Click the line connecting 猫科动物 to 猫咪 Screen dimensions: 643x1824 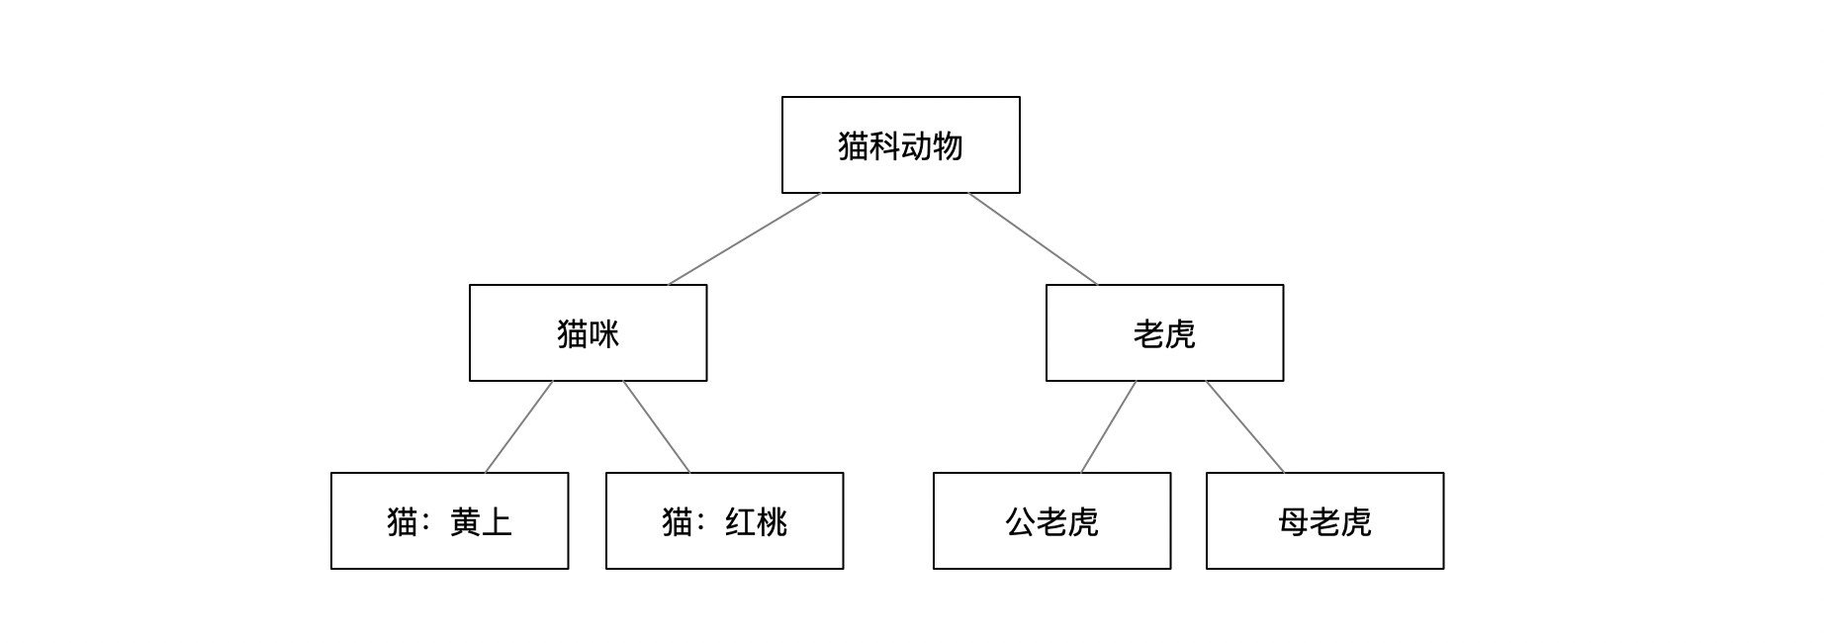pyautogui.click(x=745, y=238)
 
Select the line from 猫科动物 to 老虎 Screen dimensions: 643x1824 pyautogui.click(x=1033, y=238)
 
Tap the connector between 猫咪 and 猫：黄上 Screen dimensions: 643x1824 pyautogui.click(x=518, y=427)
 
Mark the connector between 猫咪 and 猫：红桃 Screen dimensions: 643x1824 pyautogui.click(x=657, y=427)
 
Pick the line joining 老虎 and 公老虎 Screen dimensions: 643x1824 pyautogui.click(x=1108, y=427)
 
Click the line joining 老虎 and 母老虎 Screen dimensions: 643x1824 pyautogui.click(x=1245, y=427)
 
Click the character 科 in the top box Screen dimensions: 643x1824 pyautogui.click(x=884, y=145)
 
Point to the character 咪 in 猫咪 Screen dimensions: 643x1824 pyautogui.click(x=603, y=334)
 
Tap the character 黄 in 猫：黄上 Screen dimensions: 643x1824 pyautogui.click(x=465, y=521)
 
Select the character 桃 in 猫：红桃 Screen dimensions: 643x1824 pyautogui.click(x=772, y=521)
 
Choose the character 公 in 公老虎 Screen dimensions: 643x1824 pyautogui.click(x=1021, y=521)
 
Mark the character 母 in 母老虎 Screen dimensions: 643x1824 pyautogui.click(x=1294, y=521)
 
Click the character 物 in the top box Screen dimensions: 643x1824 pyautogui.click(x=948, y=145)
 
